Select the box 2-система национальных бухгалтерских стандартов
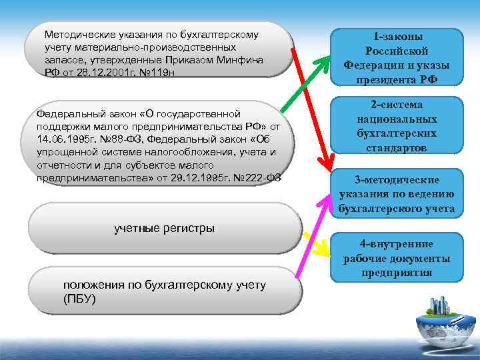point(396,127)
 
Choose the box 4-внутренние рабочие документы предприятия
point(396,257)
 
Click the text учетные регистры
point(164,229)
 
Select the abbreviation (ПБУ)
point(79,298)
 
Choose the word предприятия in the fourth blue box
point(396,272)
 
